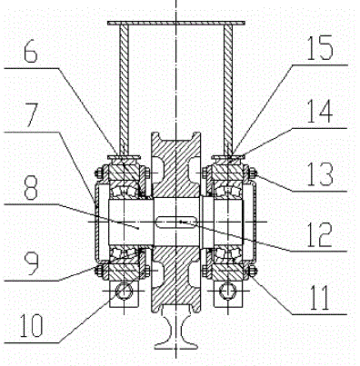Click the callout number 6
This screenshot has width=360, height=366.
point(30,54)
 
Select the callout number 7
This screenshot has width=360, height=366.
point(31,115)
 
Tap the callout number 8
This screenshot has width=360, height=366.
point(31,188)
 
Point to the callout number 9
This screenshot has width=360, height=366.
point(32,264)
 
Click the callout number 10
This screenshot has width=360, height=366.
point(31,325)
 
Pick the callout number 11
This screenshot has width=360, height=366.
point(320,298)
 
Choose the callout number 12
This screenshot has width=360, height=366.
point(320,234)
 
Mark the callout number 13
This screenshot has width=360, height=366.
point(320,173)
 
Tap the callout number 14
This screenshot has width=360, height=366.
point(320,112)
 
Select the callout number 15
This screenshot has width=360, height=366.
point(320,48)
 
